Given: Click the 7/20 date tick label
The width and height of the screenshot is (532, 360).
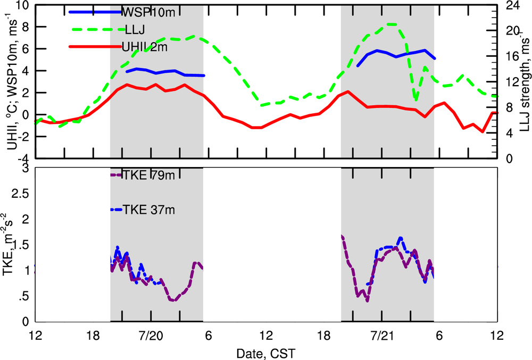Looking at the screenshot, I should pos(151,336).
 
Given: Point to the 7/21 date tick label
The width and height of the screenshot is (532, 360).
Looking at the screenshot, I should pos(381,336).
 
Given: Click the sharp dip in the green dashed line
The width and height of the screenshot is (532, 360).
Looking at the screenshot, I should pos(415,100).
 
